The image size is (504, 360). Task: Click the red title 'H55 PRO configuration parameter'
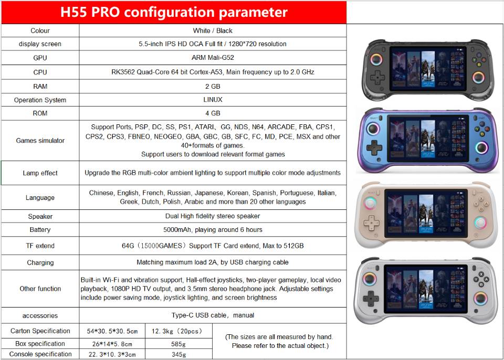(x=174, y=12)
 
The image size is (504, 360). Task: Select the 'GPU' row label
(x=40, y=58)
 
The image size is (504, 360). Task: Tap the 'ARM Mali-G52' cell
(x=213, y=58)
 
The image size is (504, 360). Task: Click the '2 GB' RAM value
(x=213, y=86)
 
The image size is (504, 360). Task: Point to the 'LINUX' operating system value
(x=213, y=100)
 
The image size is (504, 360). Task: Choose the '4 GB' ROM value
(x=213, y=113)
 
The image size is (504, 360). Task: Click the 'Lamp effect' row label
(x=40, y=173)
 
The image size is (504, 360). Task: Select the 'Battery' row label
(x=40, y=229)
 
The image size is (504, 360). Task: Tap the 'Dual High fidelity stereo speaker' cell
(x=213, y=216)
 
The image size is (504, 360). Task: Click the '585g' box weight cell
(x=178, y=344)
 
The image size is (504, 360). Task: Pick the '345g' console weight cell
(x=178, y=355)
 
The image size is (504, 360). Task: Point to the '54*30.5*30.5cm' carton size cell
(x=112, y=331)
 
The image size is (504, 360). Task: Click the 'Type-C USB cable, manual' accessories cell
(x=213, y=315)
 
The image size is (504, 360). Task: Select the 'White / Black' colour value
(x=213, y=30)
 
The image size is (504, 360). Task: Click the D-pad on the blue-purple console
(x=374, y=147)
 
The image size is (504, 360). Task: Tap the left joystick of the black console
(x=376, y=60)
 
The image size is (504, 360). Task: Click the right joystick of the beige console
(x=480, y=223)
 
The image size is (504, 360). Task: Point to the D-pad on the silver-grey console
(x=371, y=299)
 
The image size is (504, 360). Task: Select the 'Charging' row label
(x=40, y=262)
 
